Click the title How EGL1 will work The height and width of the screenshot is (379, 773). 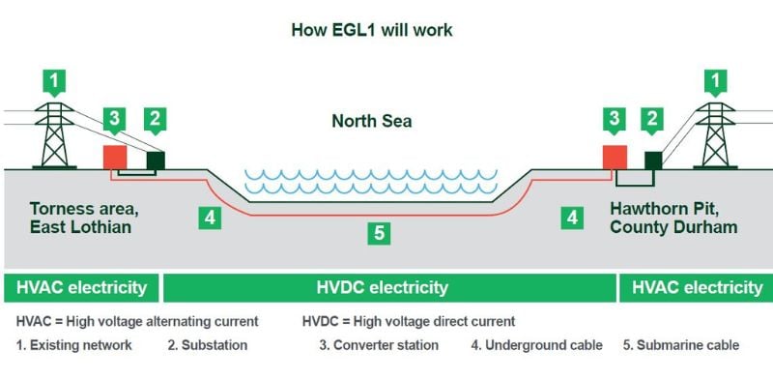coord(372,30)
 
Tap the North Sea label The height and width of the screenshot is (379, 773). coord(371,121)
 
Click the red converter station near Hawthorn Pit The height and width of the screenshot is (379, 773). coord(614,158)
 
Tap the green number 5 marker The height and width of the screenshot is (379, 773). coord(381,233)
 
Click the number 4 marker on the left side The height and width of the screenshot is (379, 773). coord(211,219)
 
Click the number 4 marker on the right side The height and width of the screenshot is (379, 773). coord(573,219)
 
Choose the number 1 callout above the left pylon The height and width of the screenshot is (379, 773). coord(59,80)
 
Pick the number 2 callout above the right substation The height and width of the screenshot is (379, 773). coord(654,119)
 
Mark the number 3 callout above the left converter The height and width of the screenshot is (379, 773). coord(115,119)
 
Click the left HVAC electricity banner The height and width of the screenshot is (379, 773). coord(80,287)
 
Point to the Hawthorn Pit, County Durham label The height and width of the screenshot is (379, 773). coord(673,218)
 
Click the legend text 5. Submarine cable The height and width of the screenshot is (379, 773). coord(681,345)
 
